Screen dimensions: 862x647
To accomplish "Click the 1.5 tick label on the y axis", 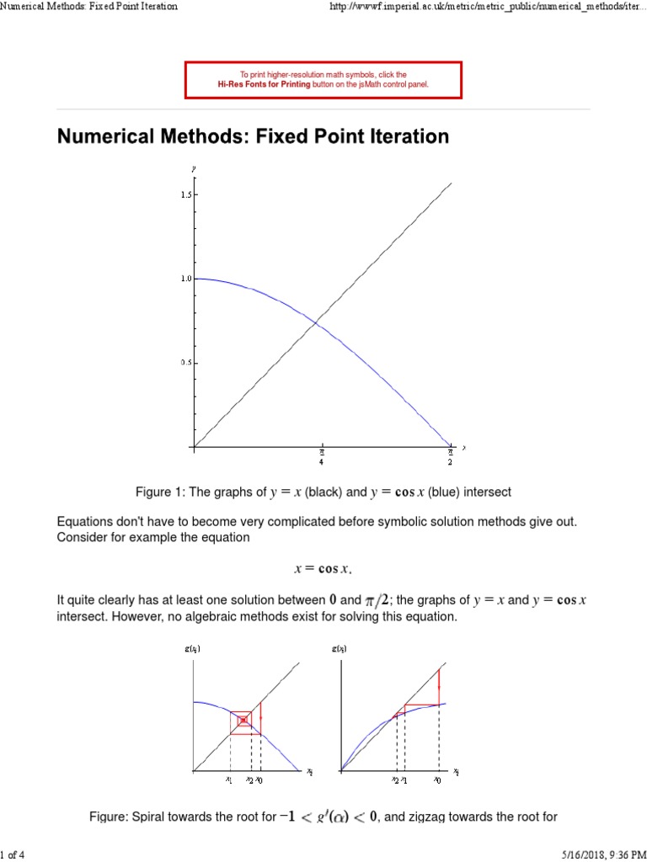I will [x=185, y=194].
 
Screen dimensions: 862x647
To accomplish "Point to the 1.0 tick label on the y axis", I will [x=185, y=278].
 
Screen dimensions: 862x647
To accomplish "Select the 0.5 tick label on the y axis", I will [x=185, y=363].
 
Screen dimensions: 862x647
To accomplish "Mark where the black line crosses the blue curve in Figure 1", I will [x=317, y=321].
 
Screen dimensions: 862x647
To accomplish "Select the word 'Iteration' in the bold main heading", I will [x=409, y=136].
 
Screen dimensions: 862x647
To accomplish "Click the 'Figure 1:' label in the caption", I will [x=160, y=492].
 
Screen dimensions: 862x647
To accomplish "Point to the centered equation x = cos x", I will [x=323, y=569].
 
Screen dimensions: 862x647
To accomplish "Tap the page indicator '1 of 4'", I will [x=13, y=855].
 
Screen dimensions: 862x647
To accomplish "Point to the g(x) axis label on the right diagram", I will [x=339, y=649].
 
